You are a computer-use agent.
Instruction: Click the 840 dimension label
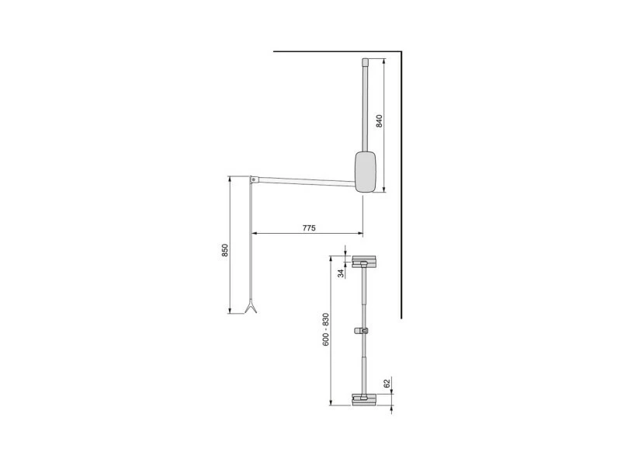point(379,120)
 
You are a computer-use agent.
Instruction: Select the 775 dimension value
point(309,228)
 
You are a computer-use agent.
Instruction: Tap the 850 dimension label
point(224,250)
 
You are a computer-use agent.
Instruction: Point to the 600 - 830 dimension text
point(325,329)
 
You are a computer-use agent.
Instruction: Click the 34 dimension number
point(341,273)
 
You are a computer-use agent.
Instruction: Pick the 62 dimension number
point(387,383)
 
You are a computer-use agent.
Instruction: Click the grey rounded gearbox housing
point(365,172)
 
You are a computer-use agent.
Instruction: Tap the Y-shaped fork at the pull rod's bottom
point(251,308)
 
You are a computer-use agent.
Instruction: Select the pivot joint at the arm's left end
point(253,179)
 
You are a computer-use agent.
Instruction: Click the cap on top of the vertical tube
point(365,62)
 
